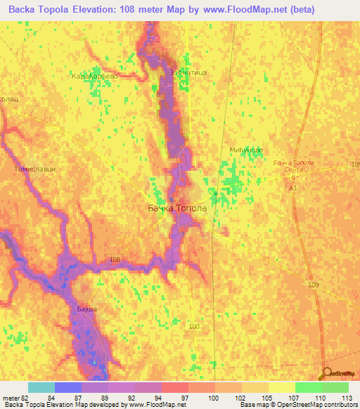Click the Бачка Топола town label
click(x=177, y=209)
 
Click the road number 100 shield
click(x=195, y=327)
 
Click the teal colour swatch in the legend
click(x=41, y=387)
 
